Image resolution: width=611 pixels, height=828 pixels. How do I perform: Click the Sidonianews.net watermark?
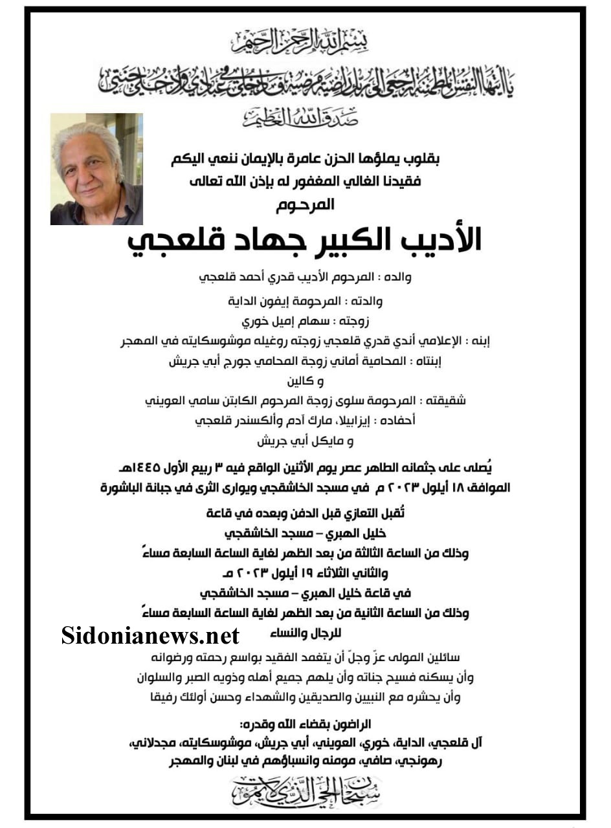[150, 635]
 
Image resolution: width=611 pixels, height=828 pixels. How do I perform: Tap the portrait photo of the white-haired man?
[96, 169]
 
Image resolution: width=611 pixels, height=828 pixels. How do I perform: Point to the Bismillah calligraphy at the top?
[304, 43]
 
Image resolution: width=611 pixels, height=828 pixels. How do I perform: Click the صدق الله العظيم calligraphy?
[305, 118]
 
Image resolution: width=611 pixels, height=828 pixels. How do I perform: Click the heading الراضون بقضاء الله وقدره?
[304, 723]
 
